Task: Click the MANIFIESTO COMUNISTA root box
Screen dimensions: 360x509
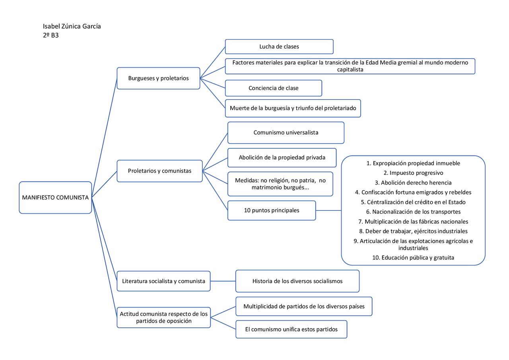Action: pos(55,198)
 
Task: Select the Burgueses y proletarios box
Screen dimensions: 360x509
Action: pos(158,78)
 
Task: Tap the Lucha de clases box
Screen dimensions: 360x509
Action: pos(279,47)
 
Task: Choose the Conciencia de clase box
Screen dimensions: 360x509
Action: pos(273,88)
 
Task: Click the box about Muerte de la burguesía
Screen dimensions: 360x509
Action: pos(293,108)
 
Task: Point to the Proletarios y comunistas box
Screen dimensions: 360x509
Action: pos(159,171)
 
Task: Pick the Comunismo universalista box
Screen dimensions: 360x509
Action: pos(286,132)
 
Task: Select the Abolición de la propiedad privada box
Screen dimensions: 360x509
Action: pos(282,157)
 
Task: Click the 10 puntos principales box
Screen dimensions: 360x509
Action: pos(272,210)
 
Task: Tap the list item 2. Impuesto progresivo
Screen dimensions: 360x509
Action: pos(413,173)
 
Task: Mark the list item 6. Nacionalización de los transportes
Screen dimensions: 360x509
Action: pos(413,212)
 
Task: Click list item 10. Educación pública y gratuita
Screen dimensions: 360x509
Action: pos(413,257)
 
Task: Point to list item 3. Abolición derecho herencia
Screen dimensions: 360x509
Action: pos(413,183)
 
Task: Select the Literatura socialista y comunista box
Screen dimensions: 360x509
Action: pos(163,281)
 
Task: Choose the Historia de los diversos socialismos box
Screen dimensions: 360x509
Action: pos(297,281)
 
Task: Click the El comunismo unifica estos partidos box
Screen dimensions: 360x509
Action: pos(291,329)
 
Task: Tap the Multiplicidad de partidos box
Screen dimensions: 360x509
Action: pos(304,306)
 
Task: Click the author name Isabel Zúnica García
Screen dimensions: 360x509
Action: pos(72,26)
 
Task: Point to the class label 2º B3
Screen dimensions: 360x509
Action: pos(51,35)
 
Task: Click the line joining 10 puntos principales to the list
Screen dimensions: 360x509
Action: pos(328,210)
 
